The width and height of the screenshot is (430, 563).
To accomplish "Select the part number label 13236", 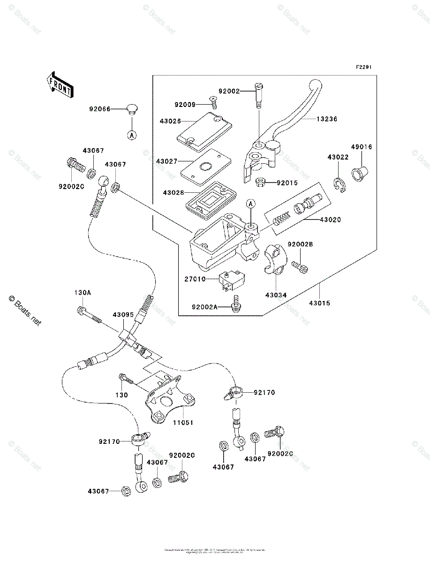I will pos(326,119).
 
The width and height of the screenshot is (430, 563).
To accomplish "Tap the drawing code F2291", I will pos(363,68).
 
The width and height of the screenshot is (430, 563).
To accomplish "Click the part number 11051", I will pos(183,422).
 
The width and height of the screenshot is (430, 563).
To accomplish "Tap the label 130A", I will pos(83,292).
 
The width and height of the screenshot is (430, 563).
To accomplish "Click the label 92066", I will pos(100,109).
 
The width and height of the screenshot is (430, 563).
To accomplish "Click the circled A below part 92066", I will pos(132,135).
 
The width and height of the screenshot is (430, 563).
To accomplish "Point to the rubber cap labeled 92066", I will pos(132,110).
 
